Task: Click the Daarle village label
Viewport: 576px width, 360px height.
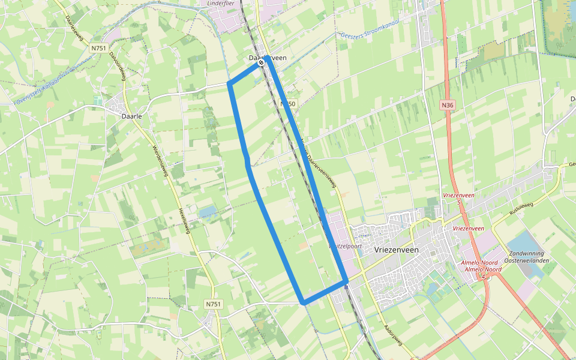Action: (x=131, y=116)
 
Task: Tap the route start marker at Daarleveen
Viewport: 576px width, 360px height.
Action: (x=261, y=62)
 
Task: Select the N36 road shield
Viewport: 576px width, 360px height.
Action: (x=446, y=105)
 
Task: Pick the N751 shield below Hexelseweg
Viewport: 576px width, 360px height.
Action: (x=213, y=304)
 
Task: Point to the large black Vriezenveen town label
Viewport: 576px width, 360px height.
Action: (x=399, y=248)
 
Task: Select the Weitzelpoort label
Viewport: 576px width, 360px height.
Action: (x=342, y=245)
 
